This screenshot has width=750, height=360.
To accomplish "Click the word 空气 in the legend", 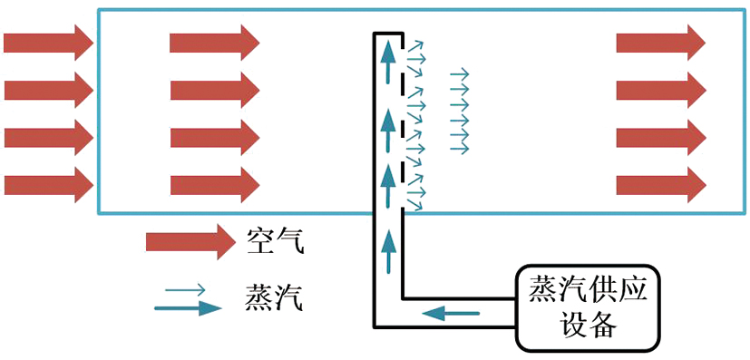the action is pos(275,241).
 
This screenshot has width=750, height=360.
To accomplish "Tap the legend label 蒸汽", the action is pos(274,297).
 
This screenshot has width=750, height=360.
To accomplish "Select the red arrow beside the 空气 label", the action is pos(190,241).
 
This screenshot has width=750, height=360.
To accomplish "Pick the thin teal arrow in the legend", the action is pos(185,289).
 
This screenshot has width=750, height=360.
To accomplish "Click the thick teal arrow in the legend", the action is pos(188,308).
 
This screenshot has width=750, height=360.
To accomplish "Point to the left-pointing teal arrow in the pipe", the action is pos(451,314).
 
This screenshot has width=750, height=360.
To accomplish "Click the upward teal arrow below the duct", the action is pos(390,251).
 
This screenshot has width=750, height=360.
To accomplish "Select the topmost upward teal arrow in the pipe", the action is pos(390,62).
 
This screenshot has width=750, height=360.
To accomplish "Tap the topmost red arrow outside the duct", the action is pos(48,43).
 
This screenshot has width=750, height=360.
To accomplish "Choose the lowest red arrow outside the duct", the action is pos(48,185).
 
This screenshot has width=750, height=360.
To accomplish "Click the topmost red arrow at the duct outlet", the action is pos(661,43).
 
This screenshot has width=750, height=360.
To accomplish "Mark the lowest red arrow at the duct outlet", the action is pos(661,185).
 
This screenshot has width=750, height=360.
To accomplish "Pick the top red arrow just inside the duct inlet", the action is pos(215,43).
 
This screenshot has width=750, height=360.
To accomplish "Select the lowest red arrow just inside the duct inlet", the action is pos(215,185).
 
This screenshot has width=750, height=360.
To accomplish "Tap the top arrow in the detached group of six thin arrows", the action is pos(460,74).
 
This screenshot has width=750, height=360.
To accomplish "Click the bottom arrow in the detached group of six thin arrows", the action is pos(460,149).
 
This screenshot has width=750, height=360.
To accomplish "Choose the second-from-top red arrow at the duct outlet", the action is pos(661,91).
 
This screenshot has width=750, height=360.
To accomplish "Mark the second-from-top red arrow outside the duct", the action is pos(48,91).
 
